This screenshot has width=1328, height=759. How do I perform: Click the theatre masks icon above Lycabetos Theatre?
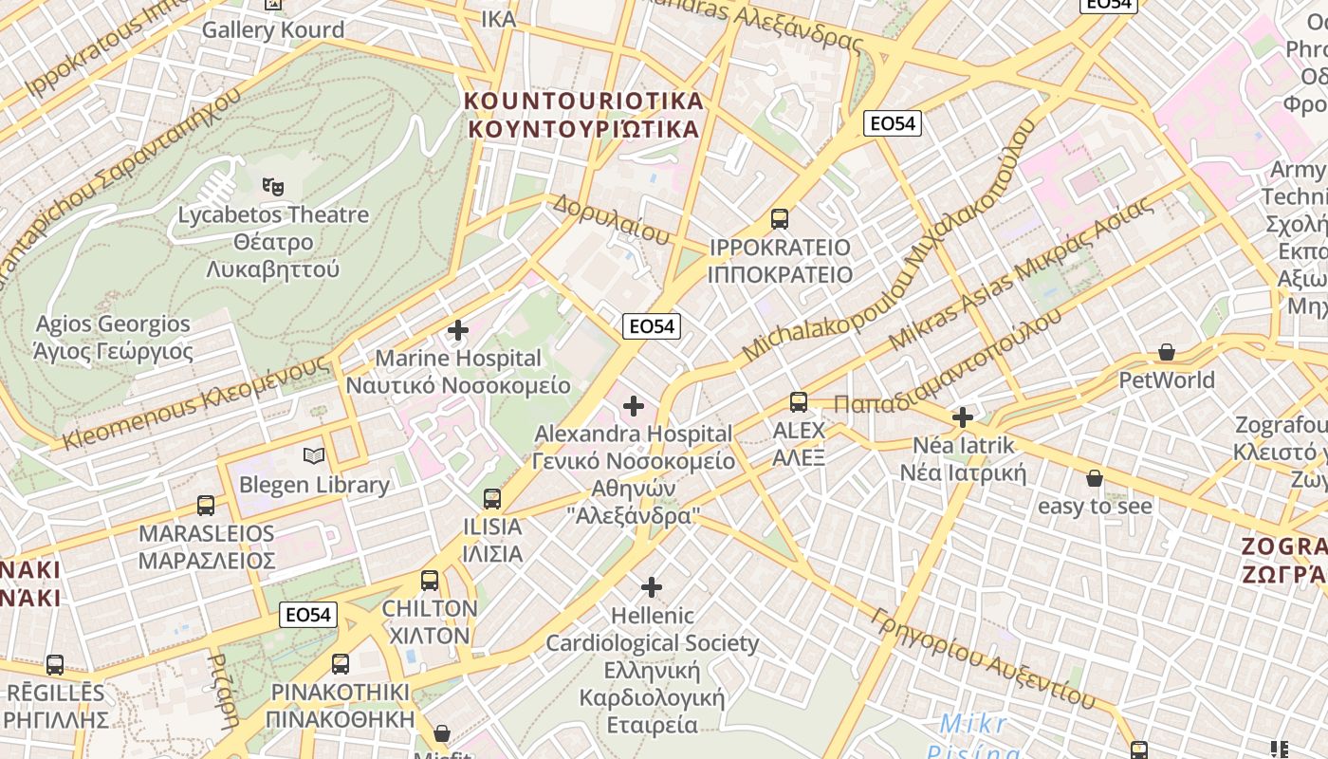click(x=273, y=186)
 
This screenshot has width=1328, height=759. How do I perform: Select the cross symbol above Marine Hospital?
click(x=458, y=330)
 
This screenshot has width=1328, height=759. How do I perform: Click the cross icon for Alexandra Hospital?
click(x=633, y=406)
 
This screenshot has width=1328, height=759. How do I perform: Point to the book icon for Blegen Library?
click(x=314, y=456)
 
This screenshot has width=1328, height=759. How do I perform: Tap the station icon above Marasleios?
click(x=206, y=505)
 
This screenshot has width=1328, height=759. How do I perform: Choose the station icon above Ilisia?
click(x=491, y=498)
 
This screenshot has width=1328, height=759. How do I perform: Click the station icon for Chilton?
click(x=430, y=580)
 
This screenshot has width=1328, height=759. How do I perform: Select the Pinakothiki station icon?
click(x=340, y=663)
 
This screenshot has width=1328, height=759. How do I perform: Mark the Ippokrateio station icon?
click(x=780, y=219)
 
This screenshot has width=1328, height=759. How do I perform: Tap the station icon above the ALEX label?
click(x=799, y=401)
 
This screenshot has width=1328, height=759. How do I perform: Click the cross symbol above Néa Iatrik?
click(x=963, y=417)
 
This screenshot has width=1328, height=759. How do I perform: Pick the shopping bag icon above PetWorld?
click(x=1167, y=353)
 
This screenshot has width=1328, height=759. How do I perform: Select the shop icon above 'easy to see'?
click(x=1095, y=478)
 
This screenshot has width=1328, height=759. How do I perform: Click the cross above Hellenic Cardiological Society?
click(x=652, y=587)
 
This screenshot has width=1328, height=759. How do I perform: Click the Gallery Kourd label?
click(x=273, y=29)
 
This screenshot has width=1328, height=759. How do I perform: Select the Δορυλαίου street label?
click(x=612, y=219)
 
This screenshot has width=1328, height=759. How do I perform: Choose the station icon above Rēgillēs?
click(x=55, y=664)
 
